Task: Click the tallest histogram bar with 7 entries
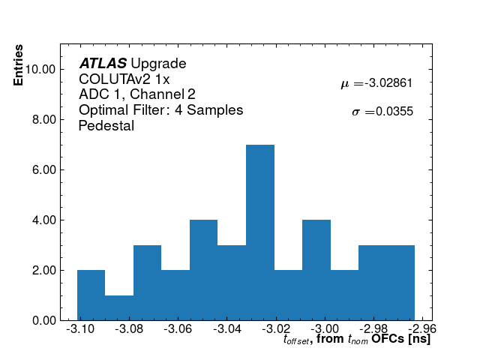(x=260, y=232)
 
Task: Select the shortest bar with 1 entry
(x=119, y=307)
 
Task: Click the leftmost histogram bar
(x=91, y=295)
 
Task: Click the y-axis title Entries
(x=18, y=65)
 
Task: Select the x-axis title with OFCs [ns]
(x=357, y=340)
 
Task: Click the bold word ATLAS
(x=103, y=64)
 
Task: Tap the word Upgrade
(x=158, y=64)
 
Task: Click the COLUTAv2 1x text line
(x=124, y=79)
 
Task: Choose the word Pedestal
(x=106, y=126)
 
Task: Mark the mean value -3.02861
(x=388, y=84)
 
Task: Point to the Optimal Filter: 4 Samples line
(x=160, y=110)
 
